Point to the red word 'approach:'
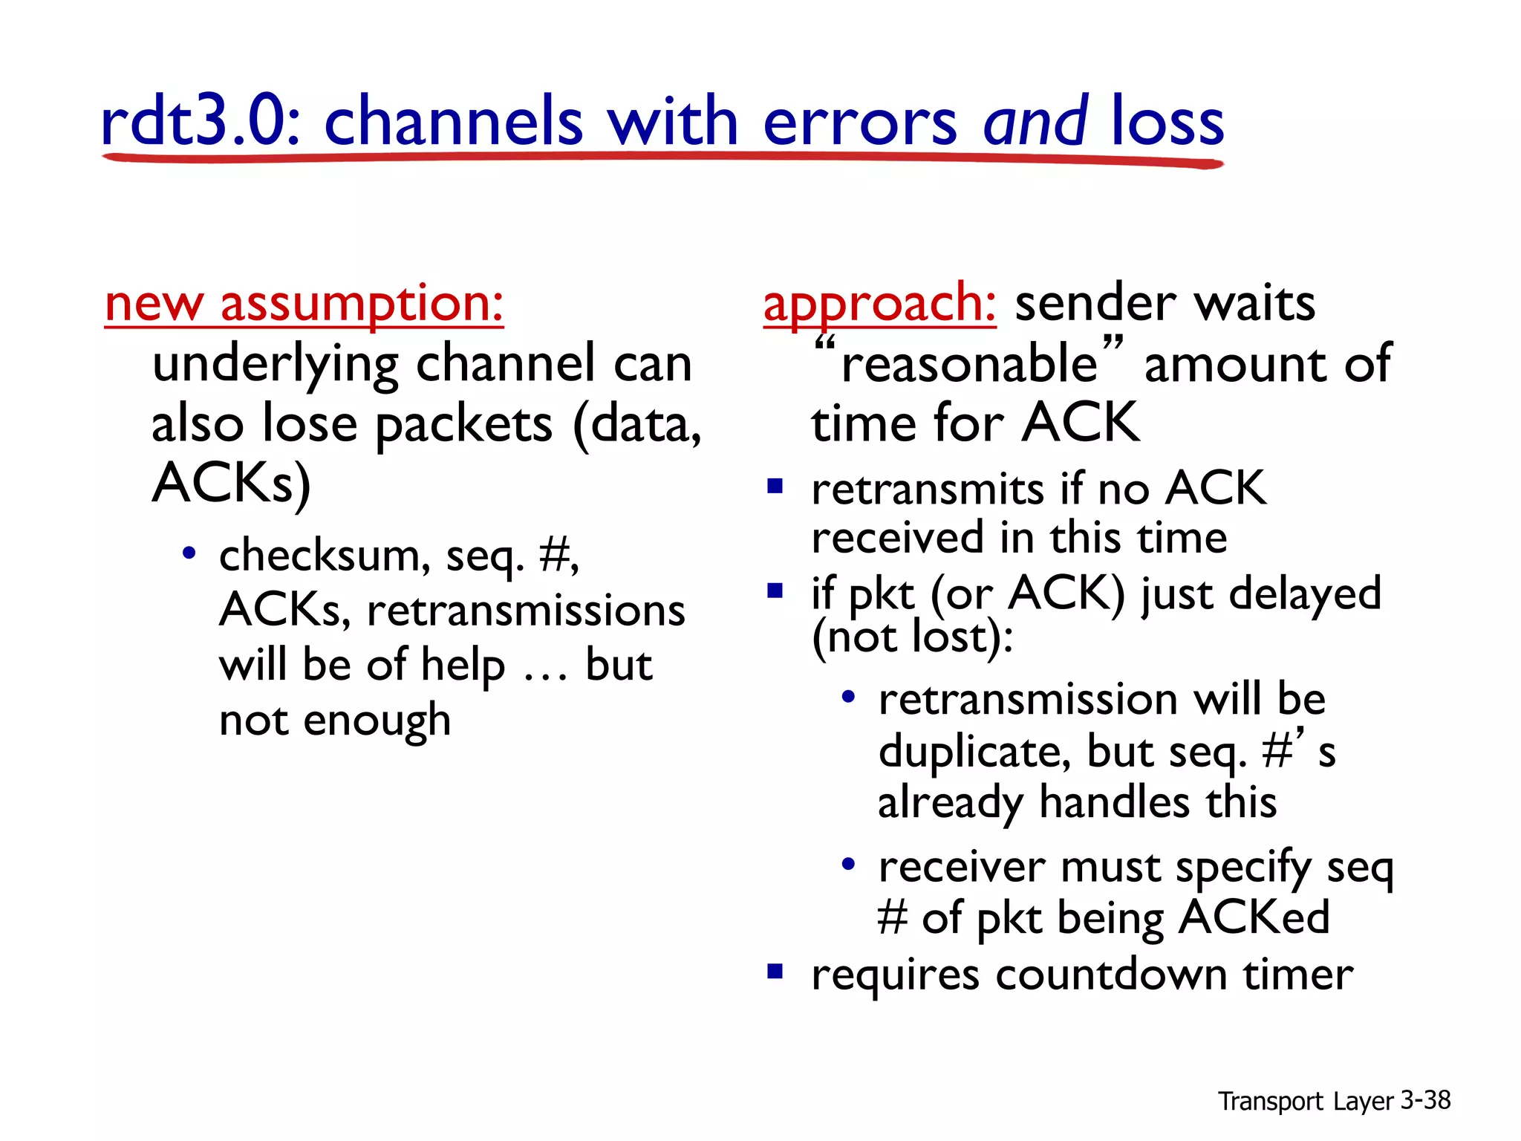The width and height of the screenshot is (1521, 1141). click(x=879, y=304)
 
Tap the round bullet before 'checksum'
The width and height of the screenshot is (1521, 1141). click(x=189, y=553)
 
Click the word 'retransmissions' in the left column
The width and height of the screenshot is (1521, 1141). click(x=526, y=611)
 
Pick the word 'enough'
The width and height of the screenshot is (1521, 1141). click(x=377, y=721)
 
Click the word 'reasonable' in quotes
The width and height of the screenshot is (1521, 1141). click(x=969, y=364)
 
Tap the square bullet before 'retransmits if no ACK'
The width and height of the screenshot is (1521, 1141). click(x=775, y=487)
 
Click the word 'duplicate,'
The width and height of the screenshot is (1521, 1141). click(x=974, y=752)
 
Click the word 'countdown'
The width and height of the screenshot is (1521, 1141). click(x=1111, y=975)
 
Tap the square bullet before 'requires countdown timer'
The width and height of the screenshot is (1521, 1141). click(x=775, y=972)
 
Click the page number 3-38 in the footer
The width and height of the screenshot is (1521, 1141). click(x=1425, y=1100)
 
